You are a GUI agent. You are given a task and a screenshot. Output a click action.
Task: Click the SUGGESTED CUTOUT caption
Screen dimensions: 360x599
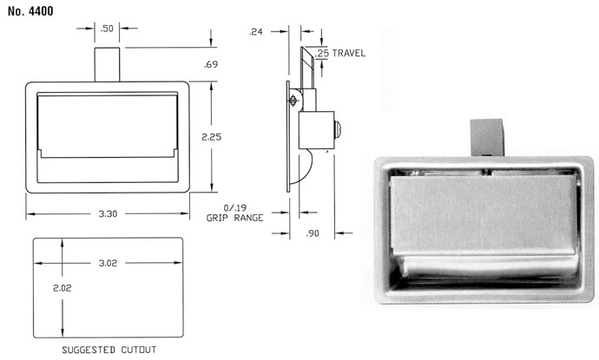tap(109, 350)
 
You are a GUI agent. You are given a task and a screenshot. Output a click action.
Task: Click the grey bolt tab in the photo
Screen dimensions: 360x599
tap(486, 137)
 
